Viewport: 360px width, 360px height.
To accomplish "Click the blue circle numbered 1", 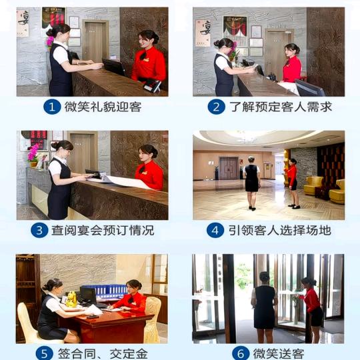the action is (x=52, y=107).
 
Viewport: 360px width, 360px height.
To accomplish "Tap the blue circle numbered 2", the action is (x=216, y=107).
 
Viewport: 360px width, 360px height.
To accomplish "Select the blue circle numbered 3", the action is (x=39, y=230).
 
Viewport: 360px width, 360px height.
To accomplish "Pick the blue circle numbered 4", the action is (x=215, y=230).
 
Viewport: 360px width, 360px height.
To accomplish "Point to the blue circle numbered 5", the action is (x=45, y=353).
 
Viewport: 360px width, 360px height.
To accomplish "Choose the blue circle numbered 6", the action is (x=241, y=353).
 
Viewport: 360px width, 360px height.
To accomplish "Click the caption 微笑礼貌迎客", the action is (x=103, y=107).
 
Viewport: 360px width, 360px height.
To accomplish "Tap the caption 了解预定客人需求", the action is (x=281, y=107).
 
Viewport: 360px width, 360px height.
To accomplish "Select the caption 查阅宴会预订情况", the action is (x=103, y=230).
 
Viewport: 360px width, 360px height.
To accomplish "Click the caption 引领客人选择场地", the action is (x=279, y=230).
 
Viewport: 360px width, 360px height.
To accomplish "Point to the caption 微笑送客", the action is (x=279, y=354).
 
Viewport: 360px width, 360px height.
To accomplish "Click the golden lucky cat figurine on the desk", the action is (x=71, y=299).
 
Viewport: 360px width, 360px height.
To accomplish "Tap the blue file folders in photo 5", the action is (x=105, y=291).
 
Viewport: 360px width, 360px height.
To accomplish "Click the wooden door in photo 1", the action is (x=95, y=42).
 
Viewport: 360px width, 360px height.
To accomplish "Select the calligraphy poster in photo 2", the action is (x=203, y=33).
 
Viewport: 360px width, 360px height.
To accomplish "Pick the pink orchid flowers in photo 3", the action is (x=33, y=153).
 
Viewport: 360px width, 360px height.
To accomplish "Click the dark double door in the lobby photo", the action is (x=229, y=168).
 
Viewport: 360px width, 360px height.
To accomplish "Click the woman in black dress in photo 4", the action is (x=251, y=183).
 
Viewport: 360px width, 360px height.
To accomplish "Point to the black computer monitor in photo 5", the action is (x=88, y=295).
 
